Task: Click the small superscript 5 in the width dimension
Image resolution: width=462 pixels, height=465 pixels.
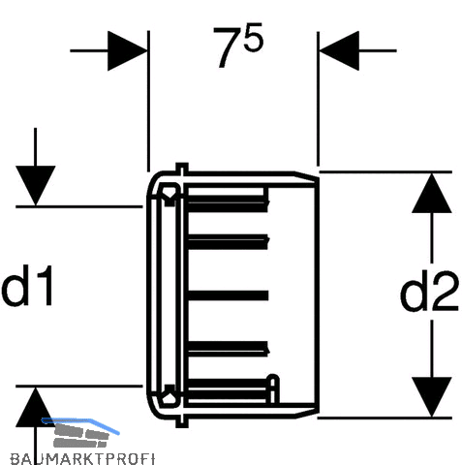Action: [254, 37]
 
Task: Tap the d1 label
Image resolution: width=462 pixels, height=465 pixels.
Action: [26, 286]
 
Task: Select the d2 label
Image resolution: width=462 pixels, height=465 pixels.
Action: [429, 292]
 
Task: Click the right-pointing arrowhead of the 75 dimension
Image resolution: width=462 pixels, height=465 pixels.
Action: [128, 50]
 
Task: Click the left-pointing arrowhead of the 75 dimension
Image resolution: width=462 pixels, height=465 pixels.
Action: [339, 50]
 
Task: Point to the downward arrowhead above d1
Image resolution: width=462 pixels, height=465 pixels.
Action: [35, 185]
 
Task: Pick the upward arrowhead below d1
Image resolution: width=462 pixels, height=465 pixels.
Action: [35, 406]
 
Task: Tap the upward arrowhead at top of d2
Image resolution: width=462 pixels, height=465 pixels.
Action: [432, 193]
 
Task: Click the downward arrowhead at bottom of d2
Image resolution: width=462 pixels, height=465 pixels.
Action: [432, 396]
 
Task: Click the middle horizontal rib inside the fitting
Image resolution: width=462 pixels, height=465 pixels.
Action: [228, 295]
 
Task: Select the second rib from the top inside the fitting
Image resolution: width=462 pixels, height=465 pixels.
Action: [229, 242]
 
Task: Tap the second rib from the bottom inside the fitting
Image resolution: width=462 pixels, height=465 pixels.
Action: [229, 349]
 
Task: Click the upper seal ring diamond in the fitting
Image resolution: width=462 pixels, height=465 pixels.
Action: [169, 195]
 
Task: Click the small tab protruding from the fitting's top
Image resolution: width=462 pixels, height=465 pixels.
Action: [182, 169]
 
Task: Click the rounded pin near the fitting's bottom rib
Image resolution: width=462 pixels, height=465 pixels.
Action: [273, 388]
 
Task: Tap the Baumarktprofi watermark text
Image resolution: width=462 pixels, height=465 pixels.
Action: [82, 458]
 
